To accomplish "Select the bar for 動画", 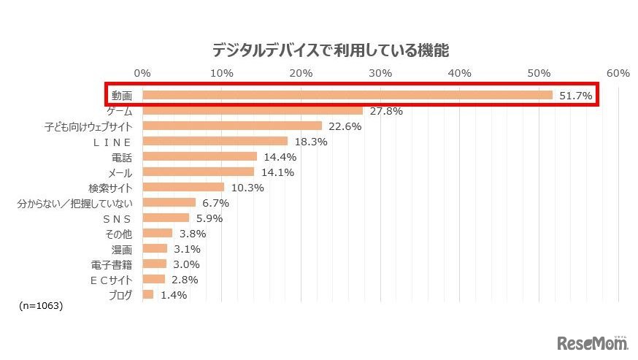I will coord(347,95).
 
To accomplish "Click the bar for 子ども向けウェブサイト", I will coord(232,126).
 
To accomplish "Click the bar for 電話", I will coord(200,156).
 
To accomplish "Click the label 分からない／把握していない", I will coord(75,203).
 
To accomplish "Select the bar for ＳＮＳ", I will coord(166,218).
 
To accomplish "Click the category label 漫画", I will coord(121,249).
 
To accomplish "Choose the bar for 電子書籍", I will coord(155,264).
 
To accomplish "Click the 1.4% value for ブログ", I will coord(174,295).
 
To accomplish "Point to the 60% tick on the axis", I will coord(618,73).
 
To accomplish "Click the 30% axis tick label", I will coord(380,73).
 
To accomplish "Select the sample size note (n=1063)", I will coord(42,306).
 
